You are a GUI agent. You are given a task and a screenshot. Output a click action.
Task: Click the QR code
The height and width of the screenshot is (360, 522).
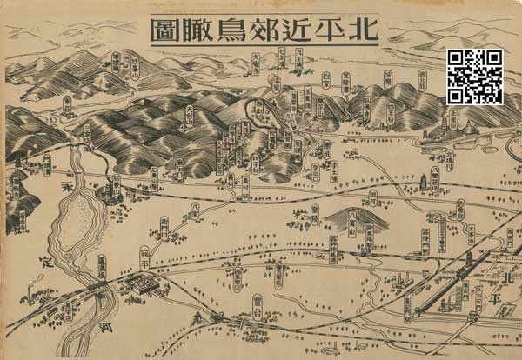click(476, 77)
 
